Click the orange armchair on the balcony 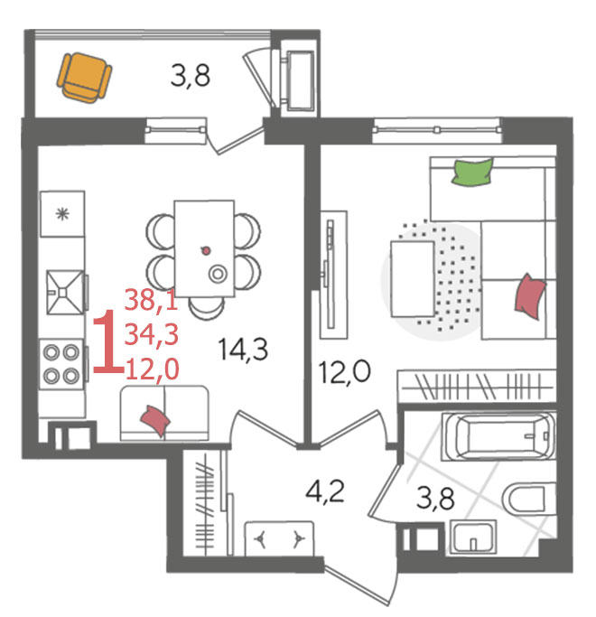click(x=84, y=78)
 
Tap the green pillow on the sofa click(x=472, y=172)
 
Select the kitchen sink click(x=65, y=292)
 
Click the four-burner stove click(x=61, y=364)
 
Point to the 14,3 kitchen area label click(x=243, y=350)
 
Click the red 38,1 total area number click(x=151, y=300)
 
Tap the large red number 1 click(x=107, y=341)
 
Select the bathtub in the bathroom click(x=498, y=436)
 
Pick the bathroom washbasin click(x=473, y=538)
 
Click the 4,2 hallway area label click(x=325, y=491)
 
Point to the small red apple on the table click(x=205, y=250)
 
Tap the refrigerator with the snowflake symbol click(x=62, y=214)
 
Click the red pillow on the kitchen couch click(x=155, y=420)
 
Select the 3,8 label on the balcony click(x=191, y=76)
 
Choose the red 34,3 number click(x=152, y=335)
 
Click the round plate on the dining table click(x=218, y=274)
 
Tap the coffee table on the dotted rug click(x=413, y=279)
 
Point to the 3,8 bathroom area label click(x=435, y=498)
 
